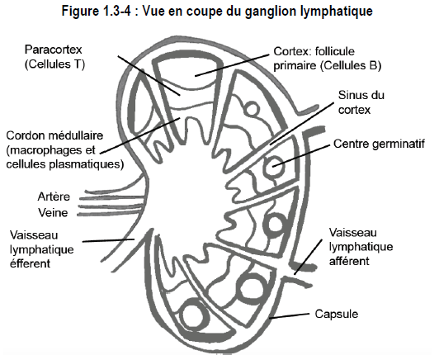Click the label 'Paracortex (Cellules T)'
tap(54, 57)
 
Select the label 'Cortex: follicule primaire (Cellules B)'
tap(328, 59)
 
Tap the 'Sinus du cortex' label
tap(361, 102)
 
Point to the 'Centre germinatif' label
tap(379, 144)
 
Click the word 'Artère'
tap(54, 197)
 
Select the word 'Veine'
tap(53, 213)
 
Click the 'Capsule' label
tap(336, 314)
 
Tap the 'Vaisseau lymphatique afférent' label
tap(361, 247)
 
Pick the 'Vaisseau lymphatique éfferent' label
tap(42, 249)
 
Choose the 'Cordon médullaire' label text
tap(54, 135)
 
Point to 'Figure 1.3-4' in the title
tap(97, 12)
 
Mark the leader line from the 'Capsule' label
tap(289, 315)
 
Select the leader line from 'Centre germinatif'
tap(301, 155)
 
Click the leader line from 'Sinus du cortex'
tap(302, 124)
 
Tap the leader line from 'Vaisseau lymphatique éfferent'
tap(109, 240)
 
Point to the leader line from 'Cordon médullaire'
tap(140, 135)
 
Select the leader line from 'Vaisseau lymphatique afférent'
tap(308, 257)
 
